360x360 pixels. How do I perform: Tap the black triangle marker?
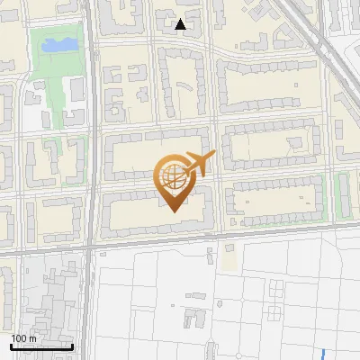[x=181, y=24]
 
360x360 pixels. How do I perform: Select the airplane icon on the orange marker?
[x=197, y=165]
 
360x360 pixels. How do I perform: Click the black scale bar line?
[x=41, y=346]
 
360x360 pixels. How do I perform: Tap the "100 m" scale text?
[x=24, y=338]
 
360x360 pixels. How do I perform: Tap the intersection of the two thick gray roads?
[x=90, y=244]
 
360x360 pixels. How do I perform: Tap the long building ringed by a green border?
[x=343, y=193]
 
